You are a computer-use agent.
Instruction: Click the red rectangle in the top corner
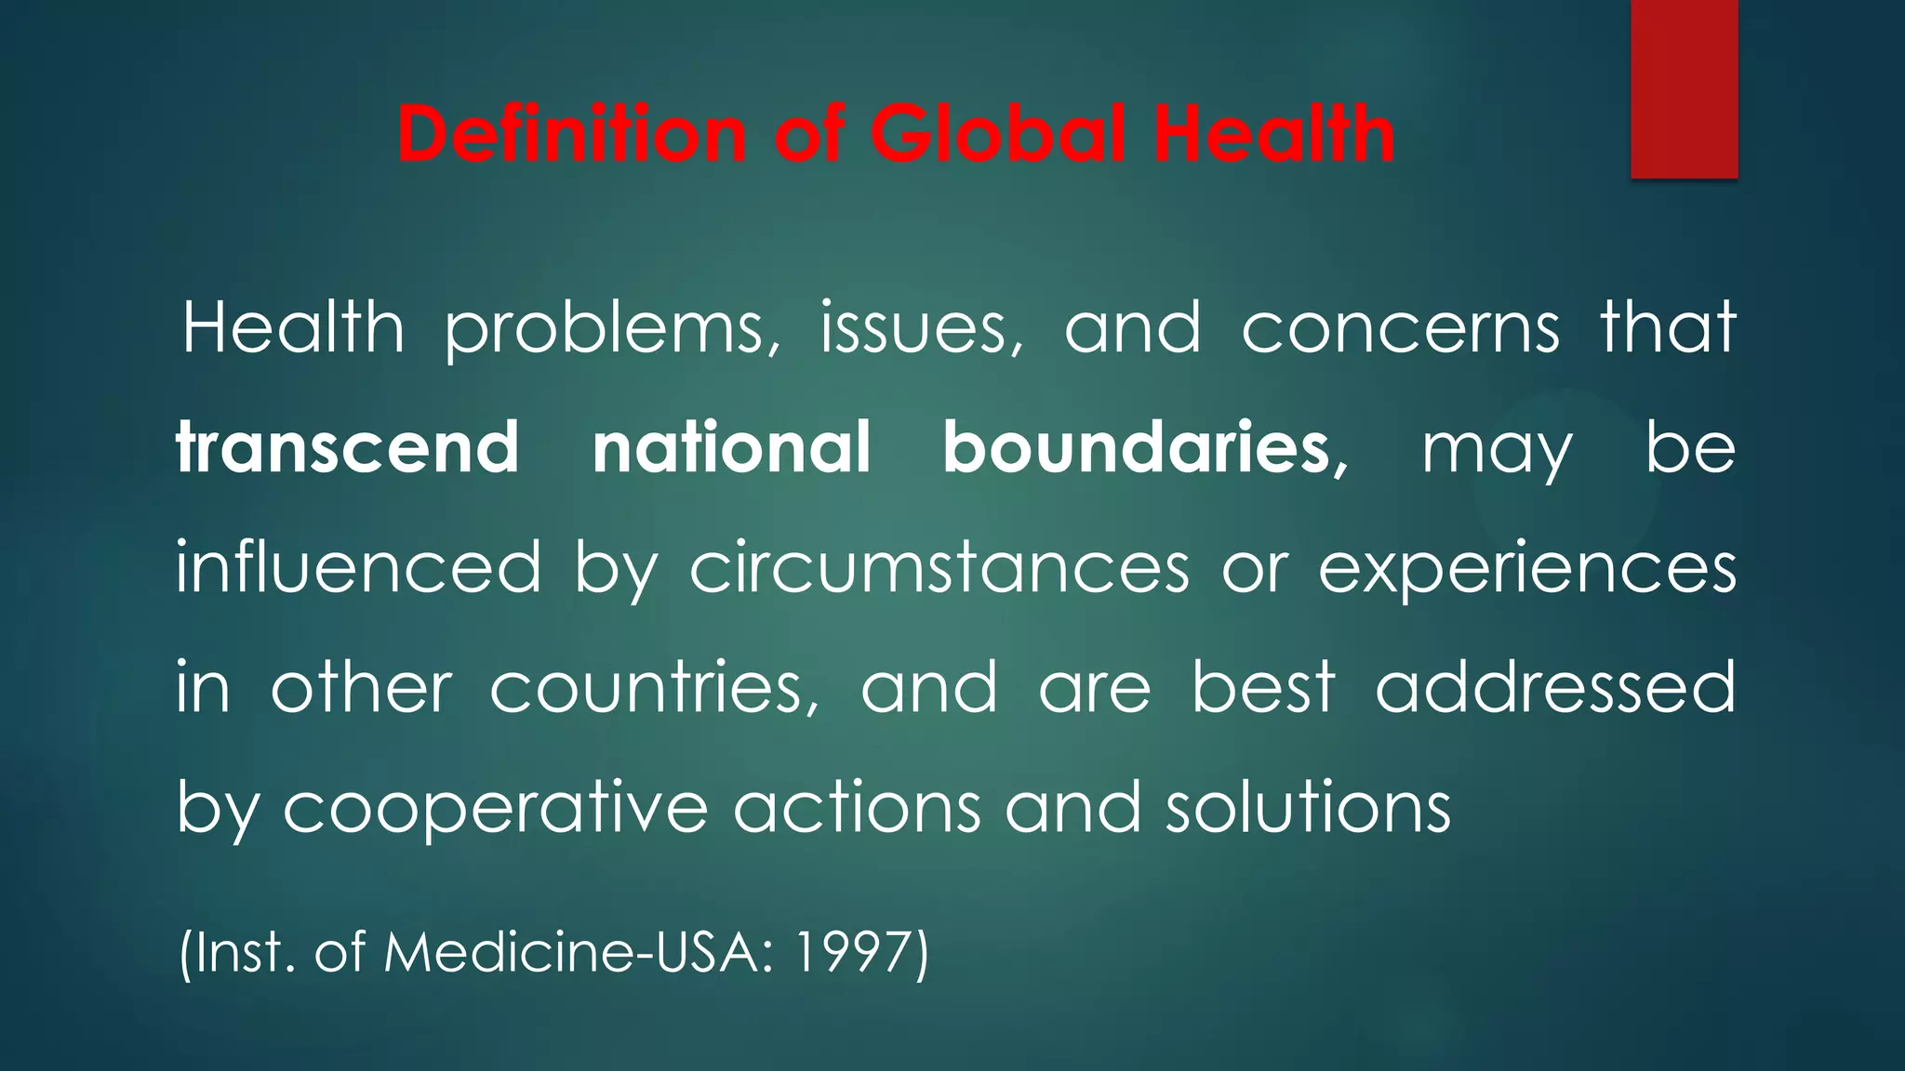coord(1684,88)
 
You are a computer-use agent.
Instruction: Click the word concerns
coord(1400,330)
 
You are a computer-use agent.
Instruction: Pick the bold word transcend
coord(348,448)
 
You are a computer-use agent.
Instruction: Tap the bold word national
coord(732,448)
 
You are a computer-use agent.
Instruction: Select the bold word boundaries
coord(1137,448)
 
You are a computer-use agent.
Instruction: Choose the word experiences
coord(1526,569)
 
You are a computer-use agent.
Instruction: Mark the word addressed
coord(1555,688)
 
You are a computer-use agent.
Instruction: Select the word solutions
coord(1308,807)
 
